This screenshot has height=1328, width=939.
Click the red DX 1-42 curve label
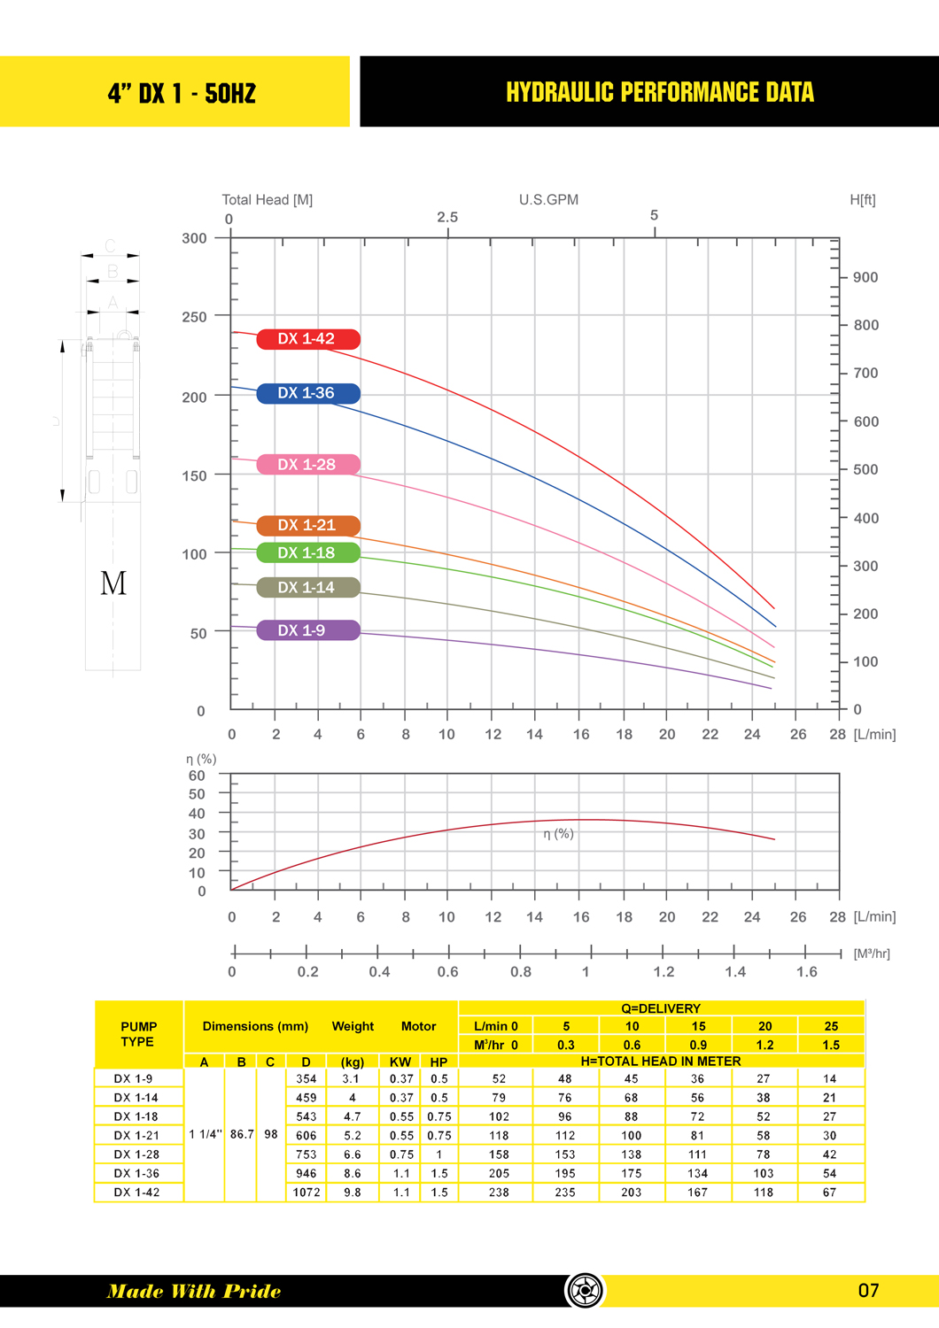tap(307, 339)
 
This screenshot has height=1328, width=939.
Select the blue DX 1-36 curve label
tap(307, 393)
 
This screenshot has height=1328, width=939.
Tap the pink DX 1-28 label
tap(307, 465)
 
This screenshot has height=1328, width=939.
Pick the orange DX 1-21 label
tap(307, 526)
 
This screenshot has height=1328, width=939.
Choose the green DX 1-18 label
tap(307, 553)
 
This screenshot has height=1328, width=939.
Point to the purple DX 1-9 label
tap(307, 630)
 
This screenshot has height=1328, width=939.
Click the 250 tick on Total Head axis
tap(194, 317)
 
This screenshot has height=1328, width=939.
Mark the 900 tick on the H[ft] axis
tap(865, 278)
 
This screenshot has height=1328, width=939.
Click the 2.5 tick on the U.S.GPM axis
tap(447, 218)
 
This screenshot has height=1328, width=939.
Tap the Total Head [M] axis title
tap(267, 200)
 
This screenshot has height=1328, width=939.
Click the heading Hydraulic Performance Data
tap(659, 92)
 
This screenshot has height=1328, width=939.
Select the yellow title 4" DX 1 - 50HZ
tap(182, 93)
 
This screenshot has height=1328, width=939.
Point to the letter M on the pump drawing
tap(113, 583)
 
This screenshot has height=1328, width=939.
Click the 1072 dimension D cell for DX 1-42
tap(307, 1193)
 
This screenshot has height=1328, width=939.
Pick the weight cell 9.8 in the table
tap(353, 1193)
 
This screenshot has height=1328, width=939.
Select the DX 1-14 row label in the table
tap(136, 1098)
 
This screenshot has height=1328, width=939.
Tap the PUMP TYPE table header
tap(138, 1034)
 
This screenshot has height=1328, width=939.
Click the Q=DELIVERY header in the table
tap(661, 1008)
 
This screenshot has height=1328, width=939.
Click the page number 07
tap(868, 1291)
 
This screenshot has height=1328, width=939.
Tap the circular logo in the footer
tap(585, 1291)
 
